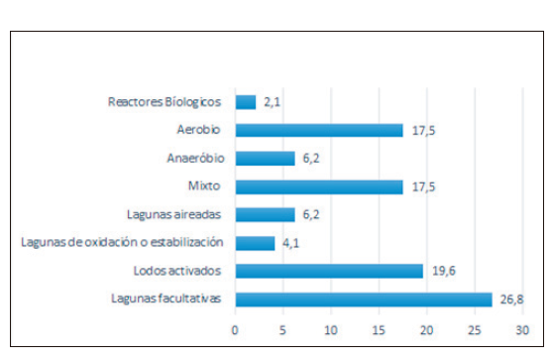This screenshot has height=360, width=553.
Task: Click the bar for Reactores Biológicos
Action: point(245,101)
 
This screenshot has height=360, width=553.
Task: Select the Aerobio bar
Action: point(319,130)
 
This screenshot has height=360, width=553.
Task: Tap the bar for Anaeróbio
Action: point(265,158)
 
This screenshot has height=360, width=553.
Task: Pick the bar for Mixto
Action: point(319,186)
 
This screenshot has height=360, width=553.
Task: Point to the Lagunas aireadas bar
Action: point(265,214)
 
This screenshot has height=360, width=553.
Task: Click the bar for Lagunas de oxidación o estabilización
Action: point(255,243)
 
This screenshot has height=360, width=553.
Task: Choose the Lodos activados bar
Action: point(329,271)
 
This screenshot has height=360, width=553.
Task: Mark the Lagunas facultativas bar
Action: point(364,300)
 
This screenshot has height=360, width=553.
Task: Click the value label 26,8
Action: point(508,300)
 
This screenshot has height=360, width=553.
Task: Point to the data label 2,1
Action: point(271,101)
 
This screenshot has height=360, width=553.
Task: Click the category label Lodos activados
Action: point(177,271)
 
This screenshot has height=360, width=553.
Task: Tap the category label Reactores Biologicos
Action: point(164,101)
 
